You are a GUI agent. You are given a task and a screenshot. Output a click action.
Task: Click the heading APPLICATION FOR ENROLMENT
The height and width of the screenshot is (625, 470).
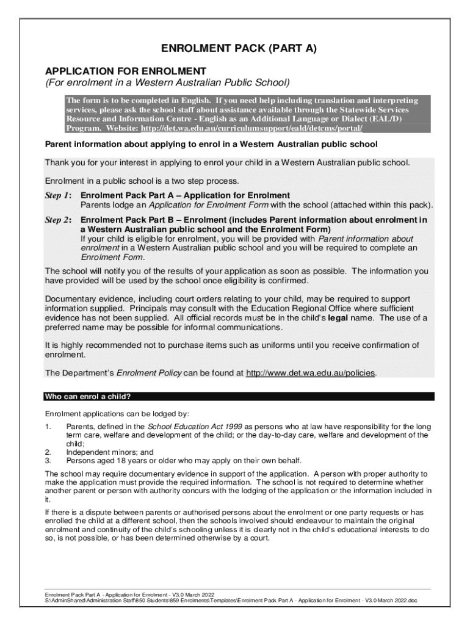click(126, 71)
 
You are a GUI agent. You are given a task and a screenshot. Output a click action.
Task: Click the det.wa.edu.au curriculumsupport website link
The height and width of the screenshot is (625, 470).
click(251, 128)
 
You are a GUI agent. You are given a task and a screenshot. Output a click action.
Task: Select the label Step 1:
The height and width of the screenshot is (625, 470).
click(59, 195)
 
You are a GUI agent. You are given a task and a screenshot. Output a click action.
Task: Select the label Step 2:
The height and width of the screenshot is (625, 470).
click(59, 220)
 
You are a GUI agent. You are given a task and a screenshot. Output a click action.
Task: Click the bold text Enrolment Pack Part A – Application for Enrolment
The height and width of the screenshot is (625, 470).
click(181, 195)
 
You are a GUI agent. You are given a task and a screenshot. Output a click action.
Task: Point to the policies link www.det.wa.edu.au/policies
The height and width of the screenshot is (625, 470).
click(311, 372)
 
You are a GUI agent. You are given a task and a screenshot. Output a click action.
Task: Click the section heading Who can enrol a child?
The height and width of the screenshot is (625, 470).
click(88, 396)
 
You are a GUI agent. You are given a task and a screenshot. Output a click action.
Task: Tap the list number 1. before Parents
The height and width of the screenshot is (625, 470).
click(48, 426)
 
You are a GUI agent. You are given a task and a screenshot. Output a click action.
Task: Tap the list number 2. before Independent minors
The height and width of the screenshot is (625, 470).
click(48, 452)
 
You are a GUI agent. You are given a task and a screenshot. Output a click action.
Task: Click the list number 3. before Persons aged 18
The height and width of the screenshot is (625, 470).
click(48, 460)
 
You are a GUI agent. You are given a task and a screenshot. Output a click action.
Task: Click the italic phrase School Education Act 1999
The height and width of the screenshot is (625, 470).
click(187, 426)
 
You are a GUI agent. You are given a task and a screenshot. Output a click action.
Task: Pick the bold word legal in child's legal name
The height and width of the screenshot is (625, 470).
click(339, 318)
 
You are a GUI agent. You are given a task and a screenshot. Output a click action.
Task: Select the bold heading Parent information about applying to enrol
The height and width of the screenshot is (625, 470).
click(211, 145)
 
